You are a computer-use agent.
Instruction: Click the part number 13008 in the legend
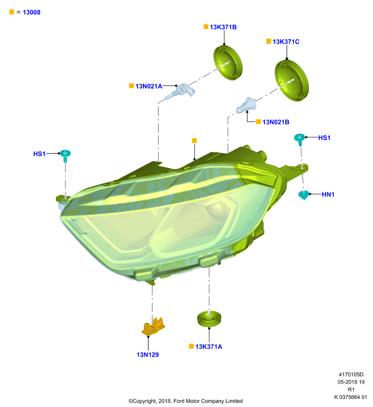[x=32, y=12]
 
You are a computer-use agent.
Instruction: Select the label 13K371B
[x=223, y=27]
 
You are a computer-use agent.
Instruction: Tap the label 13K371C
[x=286, y=42]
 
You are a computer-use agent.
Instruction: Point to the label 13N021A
[x=149, y=86]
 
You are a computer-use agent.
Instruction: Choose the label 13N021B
[x=276, y=122]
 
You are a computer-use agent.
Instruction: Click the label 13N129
[x=148, y=355]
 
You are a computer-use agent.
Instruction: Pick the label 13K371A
[x=209, y=346]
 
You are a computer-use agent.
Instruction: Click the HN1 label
[x=328, y=194]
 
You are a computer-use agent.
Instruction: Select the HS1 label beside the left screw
[x=40, y=154]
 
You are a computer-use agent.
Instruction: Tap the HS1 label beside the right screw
[x=324, y=137]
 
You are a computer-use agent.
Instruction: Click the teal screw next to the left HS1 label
[x=66, y=155]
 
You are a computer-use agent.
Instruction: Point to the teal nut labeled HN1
[x=304, y=194]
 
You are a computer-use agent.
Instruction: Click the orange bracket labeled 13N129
[x=153, y=327]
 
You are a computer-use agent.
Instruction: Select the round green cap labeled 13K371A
[x=209, y=319]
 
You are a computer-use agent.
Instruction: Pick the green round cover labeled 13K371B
[x=228, y=63]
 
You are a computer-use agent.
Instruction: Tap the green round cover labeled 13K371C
[x=292, y=80]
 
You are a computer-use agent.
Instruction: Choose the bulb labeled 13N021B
[x=246, y=105]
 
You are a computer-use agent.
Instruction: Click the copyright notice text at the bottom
[x=185, y=401]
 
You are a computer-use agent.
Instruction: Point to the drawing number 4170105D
[x=351, y=374]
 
